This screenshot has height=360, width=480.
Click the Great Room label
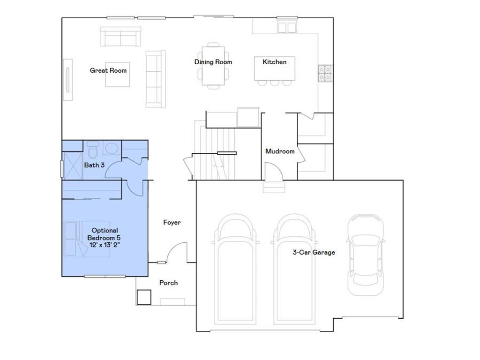click(x=108, y=71)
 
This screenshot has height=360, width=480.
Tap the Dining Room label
click(x=213, y=62)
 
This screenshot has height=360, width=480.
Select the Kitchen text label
click(x=274, y=62)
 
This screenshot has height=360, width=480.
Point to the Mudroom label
click(x=280, y=151)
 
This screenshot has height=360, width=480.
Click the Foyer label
click(x=172, y=222)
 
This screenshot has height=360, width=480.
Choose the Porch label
click(x=168, y=283)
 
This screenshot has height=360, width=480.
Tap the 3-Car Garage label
click(x=314, y=252)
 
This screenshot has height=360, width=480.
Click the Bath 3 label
click(x=94, y=165)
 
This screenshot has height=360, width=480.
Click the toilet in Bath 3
click(x=92, y=151)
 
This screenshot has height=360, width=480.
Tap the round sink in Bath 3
click(x=111, y=149)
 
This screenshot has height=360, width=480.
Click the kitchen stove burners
click(x=324, y=73)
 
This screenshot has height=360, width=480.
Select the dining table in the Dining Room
click(x=213, y=66)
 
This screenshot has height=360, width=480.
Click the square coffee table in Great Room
click(x=117, y=74)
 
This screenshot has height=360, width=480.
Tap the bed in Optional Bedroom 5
click(x=87, y=239)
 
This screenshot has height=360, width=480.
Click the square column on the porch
click(x=144, y=297)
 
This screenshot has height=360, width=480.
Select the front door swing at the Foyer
click(x=178, y=252)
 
